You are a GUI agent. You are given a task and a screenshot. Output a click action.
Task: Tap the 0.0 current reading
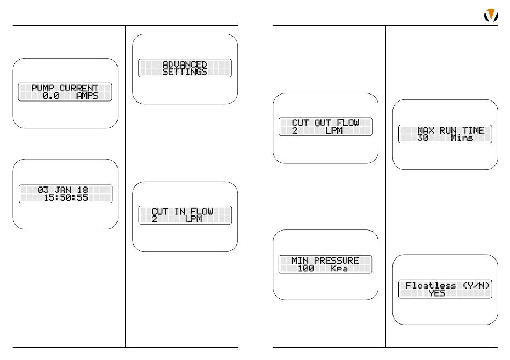tap(51, 96)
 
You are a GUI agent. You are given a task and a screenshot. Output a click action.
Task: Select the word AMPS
tap(87, 96)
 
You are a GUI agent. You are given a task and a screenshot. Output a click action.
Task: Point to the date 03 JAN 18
tap(65, 190)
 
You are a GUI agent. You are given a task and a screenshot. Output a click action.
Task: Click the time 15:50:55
tap(65, 198)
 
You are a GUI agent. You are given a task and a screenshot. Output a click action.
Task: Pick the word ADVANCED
tap(185, 64)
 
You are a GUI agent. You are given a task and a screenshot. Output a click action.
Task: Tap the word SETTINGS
tap(185, 72)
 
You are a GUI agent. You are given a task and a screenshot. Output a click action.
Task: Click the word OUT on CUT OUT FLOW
tap(332, 123)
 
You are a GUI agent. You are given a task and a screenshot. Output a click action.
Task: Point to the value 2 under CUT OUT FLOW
tap(295, 131)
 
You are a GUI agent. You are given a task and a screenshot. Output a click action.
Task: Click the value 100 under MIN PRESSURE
tap(305, 268)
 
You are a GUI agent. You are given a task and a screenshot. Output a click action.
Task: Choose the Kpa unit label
tap(339, 268)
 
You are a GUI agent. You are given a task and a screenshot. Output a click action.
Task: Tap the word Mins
tap(462, 138)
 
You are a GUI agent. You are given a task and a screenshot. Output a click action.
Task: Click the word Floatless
tap(431, 286)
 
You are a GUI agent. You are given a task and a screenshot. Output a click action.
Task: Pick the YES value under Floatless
tap(437, 293)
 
